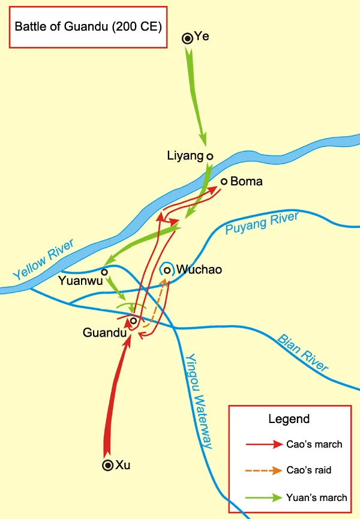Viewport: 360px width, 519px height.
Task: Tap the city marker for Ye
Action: pos(187,39)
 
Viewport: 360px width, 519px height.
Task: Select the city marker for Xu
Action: pos(108,465)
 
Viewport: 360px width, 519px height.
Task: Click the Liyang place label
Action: pos(185,157)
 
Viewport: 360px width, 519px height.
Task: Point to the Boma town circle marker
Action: pos(224,181)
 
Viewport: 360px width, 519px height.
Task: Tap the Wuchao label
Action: pos(199,270)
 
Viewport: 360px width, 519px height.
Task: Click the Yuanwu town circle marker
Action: pos(104,272)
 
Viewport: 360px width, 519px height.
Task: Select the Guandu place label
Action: pos(103,332)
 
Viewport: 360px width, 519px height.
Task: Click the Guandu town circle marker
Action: pos(133,321)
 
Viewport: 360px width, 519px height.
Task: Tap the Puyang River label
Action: pos(262,224)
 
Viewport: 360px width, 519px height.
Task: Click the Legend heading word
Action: pos(289,419)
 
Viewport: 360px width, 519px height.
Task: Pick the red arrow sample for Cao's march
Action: pos(264,445)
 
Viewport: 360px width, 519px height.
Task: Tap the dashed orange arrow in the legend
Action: pos(264,471)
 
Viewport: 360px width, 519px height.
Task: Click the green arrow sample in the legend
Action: pos(264,497)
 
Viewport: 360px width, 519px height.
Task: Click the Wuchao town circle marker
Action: pos(167,270)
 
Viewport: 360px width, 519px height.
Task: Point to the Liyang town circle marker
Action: pos(209,157)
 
